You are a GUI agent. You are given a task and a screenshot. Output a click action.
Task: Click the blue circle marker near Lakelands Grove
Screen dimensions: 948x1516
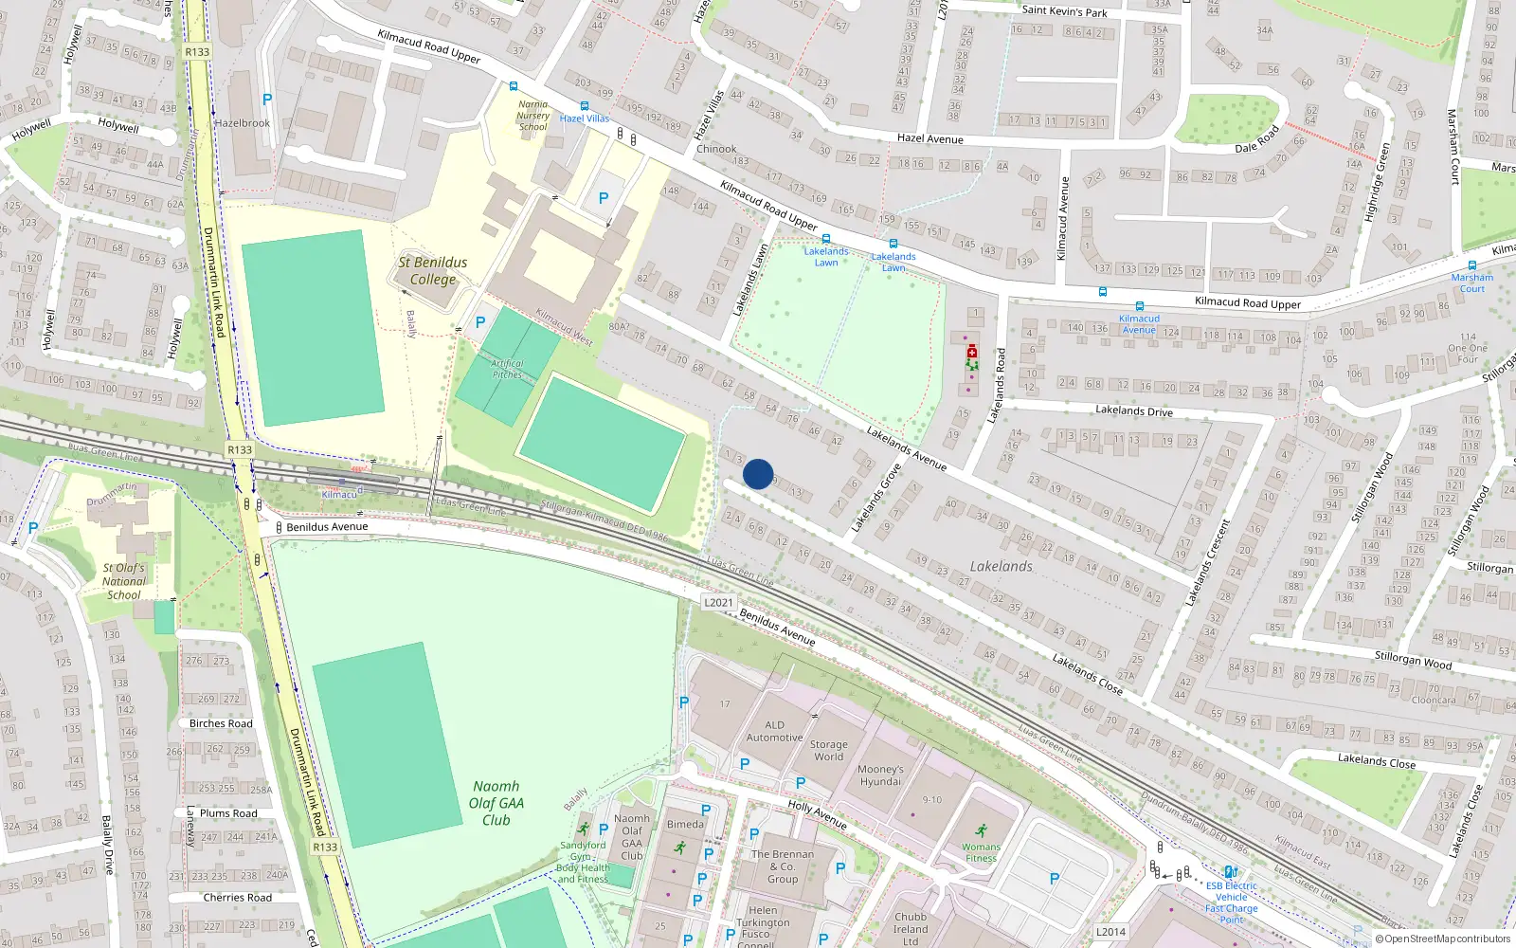point(758,474)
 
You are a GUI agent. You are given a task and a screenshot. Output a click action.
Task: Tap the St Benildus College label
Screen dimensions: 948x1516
point(432,270)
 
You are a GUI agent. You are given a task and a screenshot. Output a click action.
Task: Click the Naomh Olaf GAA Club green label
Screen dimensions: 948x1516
point(496,803)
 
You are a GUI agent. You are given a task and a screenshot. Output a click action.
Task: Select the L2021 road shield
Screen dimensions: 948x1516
point(718,602)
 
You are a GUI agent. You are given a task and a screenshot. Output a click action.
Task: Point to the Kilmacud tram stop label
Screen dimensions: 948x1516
point(339,495)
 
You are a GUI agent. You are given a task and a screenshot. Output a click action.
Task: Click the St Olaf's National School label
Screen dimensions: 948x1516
point(124,581)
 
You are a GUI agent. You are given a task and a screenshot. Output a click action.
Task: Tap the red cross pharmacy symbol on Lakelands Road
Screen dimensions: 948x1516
point(971,352)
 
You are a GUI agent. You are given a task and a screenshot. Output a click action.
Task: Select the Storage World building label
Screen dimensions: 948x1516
point(828,751)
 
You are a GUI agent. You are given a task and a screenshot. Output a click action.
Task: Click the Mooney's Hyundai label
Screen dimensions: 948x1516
point(880,775)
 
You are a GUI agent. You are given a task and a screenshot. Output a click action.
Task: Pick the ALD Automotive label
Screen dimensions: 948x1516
point(774,731)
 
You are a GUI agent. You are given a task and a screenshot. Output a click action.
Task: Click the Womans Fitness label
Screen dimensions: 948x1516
point(981,852)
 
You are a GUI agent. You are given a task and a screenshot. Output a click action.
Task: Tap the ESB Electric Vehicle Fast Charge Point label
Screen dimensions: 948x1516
point(1231,902)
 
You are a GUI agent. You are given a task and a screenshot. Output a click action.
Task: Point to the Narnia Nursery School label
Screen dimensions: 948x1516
point(532,116)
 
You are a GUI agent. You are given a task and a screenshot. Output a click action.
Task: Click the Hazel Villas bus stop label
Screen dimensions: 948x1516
point(585,118)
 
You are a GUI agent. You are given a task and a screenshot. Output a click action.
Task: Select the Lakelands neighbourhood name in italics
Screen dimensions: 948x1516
point(1001,566)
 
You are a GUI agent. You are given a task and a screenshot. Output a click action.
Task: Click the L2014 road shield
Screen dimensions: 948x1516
point(1110,932)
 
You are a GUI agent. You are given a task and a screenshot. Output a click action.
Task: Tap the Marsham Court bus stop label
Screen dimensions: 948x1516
point(1471,283)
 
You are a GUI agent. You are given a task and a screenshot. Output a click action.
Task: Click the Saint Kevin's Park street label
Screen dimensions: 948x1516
point(1064,11)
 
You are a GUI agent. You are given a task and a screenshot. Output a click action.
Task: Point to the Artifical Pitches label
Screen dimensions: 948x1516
point(507,369)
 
